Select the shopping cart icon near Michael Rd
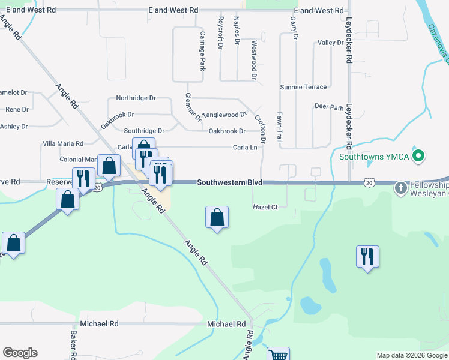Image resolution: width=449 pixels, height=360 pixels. [278, 355]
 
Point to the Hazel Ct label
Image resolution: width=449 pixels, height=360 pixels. [265, 208]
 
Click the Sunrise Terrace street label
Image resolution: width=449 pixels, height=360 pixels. [303, 87]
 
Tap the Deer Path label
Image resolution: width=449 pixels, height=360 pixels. [329, 107]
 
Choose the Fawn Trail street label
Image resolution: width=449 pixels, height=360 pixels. [280, 127]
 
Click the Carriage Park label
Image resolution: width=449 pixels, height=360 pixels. [203, 51]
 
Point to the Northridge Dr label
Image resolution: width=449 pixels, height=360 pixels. [136, 98]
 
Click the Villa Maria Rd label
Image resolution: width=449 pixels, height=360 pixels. [62, 144]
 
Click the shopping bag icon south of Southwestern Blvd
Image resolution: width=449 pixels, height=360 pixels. [217, 217]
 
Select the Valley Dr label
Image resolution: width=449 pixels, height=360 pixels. [330, 43]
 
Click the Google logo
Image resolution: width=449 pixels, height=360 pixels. [20, 353]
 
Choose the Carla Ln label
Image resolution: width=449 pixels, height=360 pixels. [245, 147]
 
